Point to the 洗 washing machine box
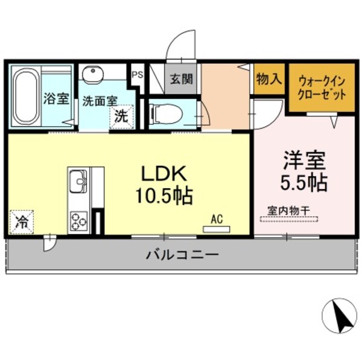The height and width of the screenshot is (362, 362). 121,115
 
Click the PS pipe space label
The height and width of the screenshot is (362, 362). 137,75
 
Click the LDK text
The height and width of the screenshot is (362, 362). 160,174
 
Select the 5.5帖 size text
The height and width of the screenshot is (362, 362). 304,180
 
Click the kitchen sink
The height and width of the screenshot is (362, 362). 78,180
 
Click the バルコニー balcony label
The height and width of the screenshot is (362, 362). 181,255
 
